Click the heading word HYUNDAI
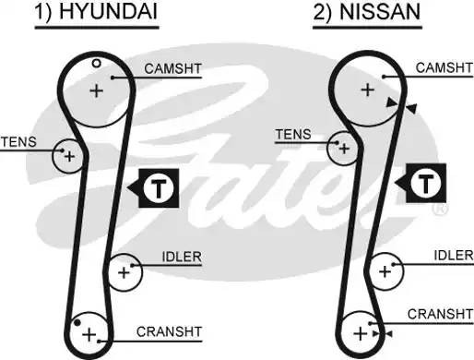(113, 13)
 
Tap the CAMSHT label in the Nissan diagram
(443, 68)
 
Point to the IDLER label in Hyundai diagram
(181, 256)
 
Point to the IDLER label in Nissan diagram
(452, 255)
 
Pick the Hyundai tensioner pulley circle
(67, 156)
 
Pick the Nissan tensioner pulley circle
(343, 147)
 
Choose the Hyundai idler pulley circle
(124, 271)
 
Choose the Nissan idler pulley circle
(385, 271)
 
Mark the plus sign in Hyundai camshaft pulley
(96, 90)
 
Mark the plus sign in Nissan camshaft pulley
(366, 90)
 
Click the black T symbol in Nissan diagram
(425, 183)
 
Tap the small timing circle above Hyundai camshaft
(95, 63)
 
